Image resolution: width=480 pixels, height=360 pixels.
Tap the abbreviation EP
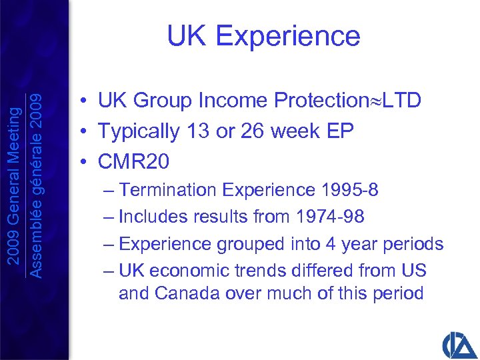(x=339, y=131)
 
